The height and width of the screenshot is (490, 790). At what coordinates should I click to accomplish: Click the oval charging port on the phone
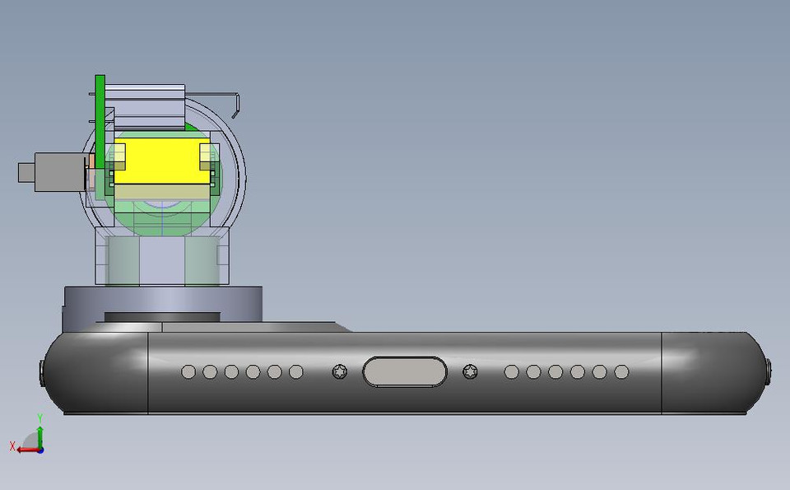coord(405,372)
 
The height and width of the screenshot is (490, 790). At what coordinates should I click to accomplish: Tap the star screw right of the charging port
coord(470,372)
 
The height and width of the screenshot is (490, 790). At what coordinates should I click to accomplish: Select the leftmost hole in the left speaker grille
coord(188,372)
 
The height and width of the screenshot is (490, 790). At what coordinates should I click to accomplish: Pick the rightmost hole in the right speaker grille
coord(621,372)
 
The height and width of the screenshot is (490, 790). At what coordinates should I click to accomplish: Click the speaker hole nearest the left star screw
coord(295,372)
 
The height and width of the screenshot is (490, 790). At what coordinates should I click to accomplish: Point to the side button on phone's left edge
coord(42,373)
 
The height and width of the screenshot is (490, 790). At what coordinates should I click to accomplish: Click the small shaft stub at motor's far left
coord(26,174)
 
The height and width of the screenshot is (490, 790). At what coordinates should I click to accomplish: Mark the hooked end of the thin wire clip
coord(237,103)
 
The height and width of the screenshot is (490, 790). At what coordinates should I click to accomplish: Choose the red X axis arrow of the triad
coord(23,448)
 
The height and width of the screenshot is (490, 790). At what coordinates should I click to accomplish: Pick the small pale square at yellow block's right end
coord(209,152)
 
